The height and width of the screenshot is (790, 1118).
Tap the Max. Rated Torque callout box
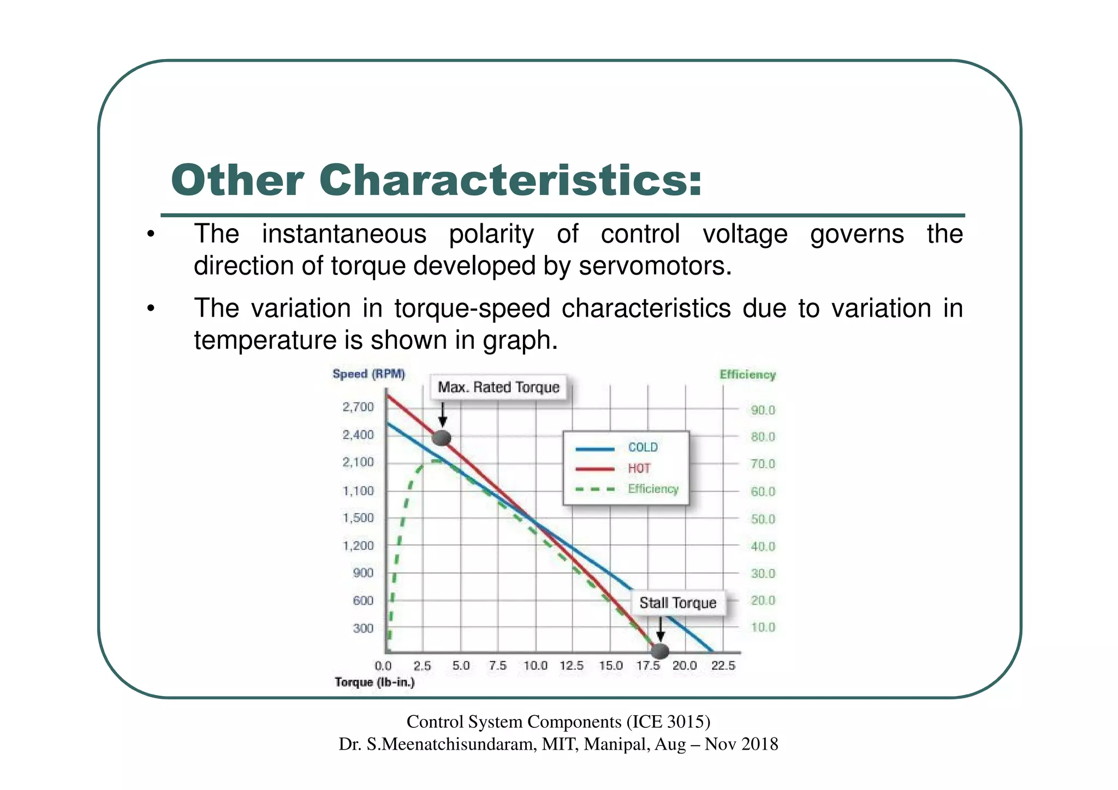[x=498, y=387]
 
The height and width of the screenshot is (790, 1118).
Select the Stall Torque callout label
[x=677, y=603]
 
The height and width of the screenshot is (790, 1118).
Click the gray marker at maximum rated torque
[x=442, y=437]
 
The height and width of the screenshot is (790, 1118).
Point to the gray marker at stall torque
[x=660, y=650]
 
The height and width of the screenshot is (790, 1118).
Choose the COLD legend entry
[x=643, y=447]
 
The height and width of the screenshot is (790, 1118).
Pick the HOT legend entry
[x=639, y=468]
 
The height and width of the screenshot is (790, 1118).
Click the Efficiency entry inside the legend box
[x=653, y=489]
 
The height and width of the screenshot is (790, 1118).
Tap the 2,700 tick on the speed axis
[x=358, y=407]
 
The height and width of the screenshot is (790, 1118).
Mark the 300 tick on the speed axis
[x=363, y=628]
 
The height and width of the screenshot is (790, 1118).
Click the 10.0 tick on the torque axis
[x=535, y=666]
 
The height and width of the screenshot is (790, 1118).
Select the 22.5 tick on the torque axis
[x=723, y=666]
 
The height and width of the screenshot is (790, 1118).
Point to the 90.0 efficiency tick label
[x=763, y=410]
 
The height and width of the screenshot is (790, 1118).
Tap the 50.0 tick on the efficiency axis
[x=763, y=519]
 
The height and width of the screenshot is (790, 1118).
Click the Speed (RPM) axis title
[x=368, y=374]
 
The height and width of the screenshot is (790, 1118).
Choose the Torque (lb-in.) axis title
[x=374, y=682]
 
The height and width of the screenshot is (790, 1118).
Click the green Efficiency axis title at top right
[x=747, y=375]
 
